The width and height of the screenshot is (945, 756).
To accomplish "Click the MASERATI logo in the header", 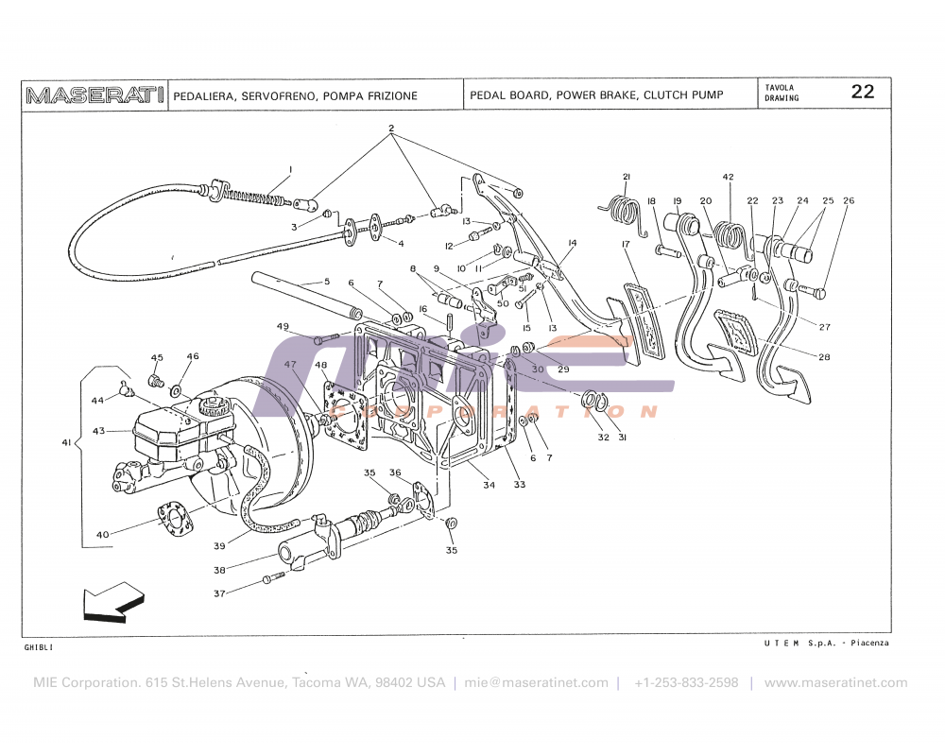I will (95, 95).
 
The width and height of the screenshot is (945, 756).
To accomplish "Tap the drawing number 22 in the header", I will (862, 92).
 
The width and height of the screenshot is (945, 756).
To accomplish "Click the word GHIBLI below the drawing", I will (39, 647).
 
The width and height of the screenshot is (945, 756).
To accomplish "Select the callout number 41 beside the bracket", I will (66, 441).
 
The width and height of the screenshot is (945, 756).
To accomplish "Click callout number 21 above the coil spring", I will (626, 177).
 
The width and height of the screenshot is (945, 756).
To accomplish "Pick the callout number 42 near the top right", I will (728, 177).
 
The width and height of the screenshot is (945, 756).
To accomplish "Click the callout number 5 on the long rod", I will (327, 281).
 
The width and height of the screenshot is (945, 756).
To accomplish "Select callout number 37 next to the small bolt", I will (219, 593).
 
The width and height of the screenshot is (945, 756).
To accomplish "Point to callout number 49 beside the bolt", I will (283, 326).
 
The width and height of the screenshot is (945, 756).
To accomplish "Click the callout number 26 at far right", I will (849, 200).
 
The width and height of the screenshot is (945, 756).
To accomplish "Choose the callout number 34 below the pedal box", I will (489, 485).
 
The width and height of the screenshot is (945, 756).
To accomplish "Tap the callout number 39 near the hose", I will (219, 546).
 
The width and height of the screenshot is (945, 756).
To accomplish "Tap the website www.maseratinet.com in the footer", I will (835, 682).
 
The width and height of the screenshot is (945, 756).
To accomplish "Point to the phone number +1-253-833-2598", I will (686, 682).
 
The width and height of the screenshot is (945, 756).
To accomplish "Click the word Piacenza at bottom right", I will (868, 643).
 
